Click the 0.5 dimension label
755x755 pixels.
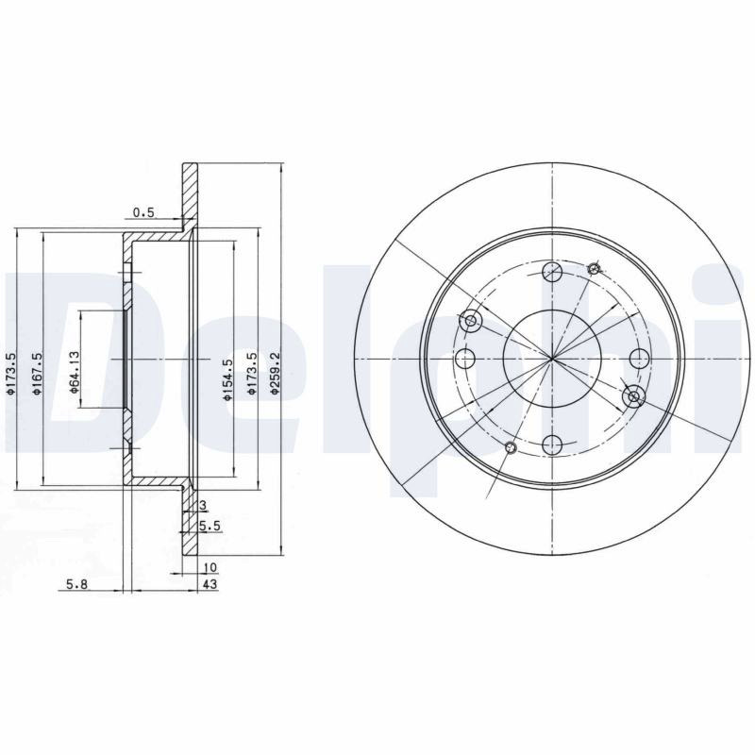coord(143,212)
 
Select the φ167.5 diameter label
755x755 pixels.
coord(37,374)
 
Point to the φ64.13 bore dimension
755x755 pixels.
coord(74,372)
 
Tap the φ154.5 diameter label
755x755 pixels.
coord(227,379)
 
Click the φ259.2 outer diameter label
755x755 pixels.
coord(275,373)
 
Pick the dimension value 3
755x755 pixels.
coord(203,505)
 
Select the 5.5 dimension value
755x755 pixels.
coord(210,527)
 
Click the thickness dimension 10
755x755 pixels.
coord(210,568)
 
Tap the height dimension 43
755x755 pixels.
coord(210,584)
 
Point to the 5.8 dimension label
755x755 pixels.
coord(77,584)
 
